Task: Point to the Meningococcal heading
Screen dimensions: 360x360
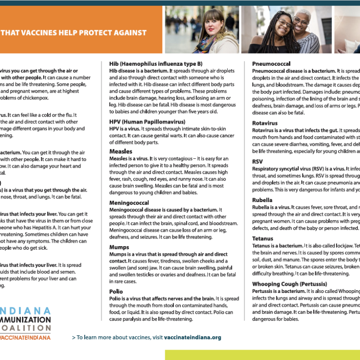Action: pos(130,203)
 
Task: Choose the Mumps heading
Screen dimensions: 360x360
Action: pos(119,247)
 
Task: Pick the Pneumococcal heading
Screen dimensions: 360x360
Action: pos(271,63)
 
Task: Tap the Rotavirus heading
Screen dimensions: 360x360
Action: pos(265,123)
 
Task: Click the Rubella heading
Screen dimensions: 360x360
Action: pos(262,200)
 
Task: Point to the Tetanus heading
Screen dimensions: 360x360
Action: pos(263,238)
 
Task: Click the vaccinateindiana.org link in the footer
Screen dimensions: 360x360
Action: pos(193,337)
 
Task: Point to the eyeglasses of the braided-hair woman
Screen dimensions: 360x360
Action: pos(284,22)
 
